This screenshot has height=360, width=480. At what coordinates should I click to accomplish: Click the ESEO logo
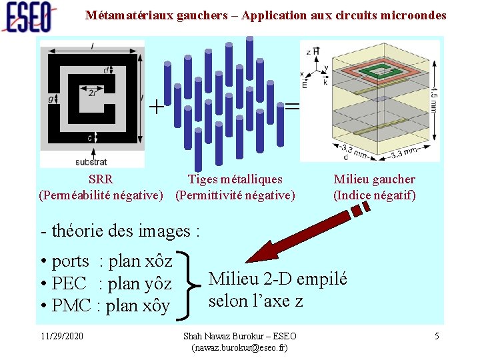pyautogui.click(x=28, y=17)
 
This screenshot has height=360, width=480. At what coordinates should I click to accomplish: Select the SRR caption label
pyautogui.click(x=101, y=179)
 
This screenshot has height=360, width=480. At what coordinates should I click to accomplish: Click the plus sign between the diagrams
pyautogui.click(x=156, y=107)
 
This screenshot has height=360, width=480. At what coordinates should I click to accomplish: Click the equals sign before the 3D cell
pyautogui.click(x=292, y=107)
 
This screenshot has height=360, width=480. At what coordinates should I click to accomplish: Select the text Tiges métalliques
pyautogui.click(x=235, y=179)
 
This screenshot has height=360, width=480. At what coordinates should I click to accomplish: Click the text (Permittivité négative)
pyautogui.click(x=235, y=195)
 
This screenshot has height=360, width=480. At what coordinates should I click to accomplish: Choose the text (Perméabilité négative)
pyautogui.click(x=101, y=195)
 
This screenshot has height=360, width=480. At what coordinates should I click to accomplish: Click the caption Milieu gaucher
pyautogui.click(x=374, y=179)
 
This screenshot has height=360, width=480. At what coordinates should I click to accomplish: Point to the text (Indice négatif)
pyautogui.click(x=374, y=195)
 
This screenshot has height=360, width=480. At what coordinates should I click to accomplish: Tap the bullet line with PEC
pyautogui.click(x=107, y=283)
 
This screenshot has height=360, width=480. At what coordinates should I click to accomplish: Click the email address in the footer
pyautogui.click(x=239, y=348)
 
